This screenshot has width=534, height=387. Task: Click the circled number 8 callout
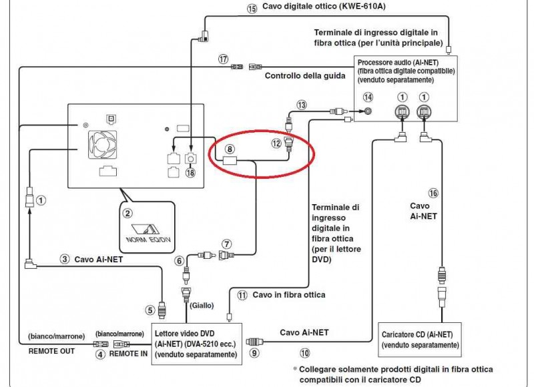point(230,149)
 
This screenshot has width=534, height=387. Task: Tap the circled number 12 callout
point(276,143)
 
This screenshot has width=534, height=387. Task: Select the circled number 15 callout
point(252,9)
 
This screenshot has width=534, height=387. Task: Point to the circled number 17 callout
point(223,59)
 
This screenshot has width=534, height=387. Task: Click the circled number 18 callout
point(190,173)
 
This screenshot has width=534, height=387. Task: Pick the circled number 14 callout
point(368,97)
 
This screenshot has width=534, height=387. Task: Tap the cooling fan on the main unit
point(103,145)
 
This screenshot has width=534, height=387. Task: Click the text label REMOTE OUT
point(51,351)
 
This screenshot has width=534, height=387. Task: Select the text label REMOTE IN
point(128,354)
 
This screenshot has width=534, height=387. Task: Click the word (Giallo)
point(202,306)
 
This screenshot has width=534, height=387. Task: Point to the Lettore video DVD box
point(196,344)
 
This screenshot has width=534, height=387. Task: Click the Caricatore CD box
point(420,340)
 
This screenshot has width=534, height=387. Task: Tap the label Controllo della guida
point(305,75)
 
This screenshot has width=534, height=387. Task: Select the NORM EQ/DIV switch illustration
point(148,233)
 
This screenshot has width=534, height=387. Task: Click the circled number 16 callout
point(433,193)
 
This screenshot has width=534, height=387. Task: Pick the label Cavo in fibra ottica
point(289,295)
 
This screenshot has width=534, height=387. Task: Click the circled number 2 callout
point(127,214)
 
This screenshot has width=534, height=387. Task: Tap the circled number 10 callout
point(305,353)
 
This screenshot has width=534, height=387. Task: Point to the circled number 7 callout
point(227,244)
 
